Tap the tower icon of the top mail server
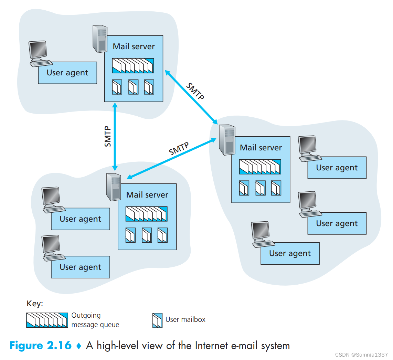pyautogui.click(x=100, y=39)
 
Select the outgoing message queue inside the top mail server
pyautogui.click(x=133, y=65)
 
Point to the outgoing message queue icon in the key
pyautogui.click(x=47, y=320)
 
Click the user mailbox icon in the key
pyautogui.click(x=157, y=320)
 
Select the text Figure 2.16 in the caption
pyautogui.click(x=41, y=345)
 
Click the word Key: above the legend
pyautogui.click(x=35, y=304)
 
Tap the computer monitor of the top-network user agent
pyautogui.click(x=38, y=51)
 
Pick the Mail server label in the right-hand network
pyautogui.click(x=261, y=148)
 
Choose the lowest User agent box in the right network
pyautogui.click(x=290, y=253)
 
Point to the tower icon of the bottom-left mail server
pyautogui.click(x=114, y=187)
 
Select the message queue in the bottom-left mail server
pyautogui.click(x=146, y=214)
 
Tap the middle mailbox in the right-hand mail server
pyautogui.click(x=260, y=188)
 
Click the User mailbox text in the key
pyautogui.click(x=185, y=319)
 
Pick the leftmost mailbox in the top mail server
pyautogui.click(x=117, y=87)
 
